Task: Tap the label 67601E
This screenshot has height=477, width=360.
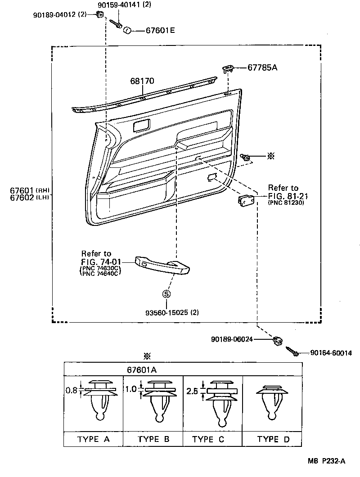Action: click(x=160, y=31)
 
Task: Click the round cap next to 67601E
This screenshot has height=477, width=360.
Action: click(x=127, y=30)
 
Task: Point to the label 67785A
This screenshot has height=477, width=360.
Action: click(x=262, y=67)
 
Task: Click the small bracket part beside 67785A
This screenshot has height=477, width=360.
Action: click(x=228, y=68)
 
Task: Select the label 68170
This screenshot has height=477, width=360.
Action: click(x=142, y=81)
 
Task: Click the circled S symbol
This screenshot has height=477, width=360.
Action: click(x=166, y=294)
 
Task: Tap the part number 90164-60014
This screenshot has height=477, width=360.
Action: click(x=331, y=353)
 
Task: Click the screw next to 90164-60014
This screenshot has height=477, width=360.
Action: click(x=291, y=351)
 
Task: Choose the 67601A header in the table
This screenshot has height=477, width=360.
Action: click(x=142, y=369)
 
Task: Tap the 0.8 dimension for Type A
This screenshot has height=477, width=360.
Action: click(x=71, y=391)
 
